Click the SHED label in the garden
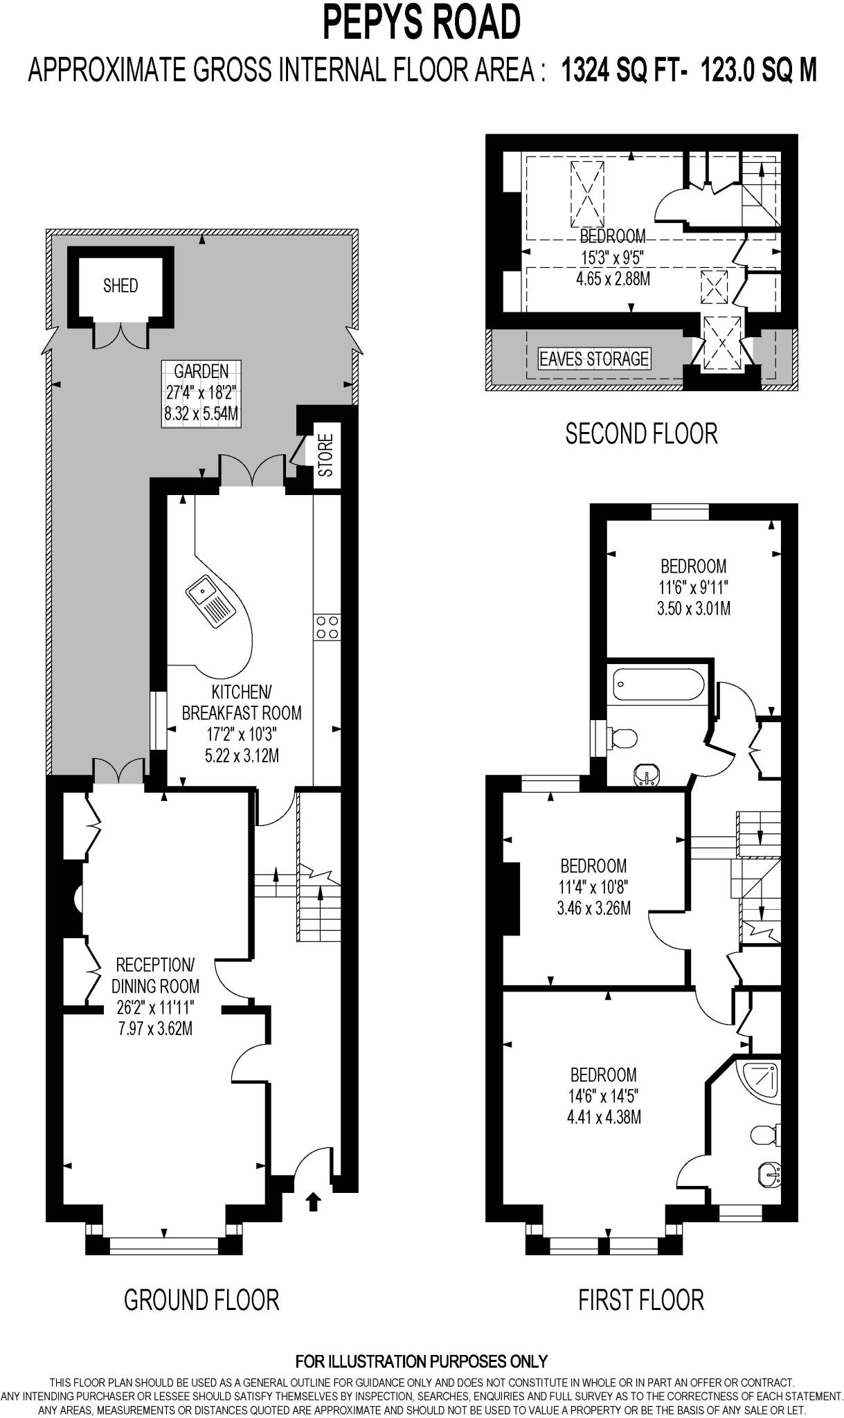click(120, 285)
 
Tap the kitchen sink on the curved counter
click(210, 600)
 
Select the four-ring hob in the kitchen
click(327, 627)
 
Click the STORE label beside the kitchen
click(325, 455)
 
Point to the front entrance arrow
click(313, 1201)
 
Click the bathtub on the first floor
click(658, 685)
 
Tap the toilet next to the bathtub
click(620, 738)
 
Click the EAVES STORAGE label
click(594, 359)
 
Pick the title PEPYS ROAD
click(422, 23)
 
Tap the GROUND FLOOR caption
click(201, 1300)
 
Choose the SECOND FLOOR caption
click(641, 434)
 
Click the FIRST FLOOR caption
click(641, 1300)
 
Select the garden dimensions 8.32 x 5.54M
click(201, 414)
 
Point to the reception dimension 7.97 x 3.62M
click(155, 1028)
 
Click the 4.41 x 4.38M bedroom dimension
click(604, 1117)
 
